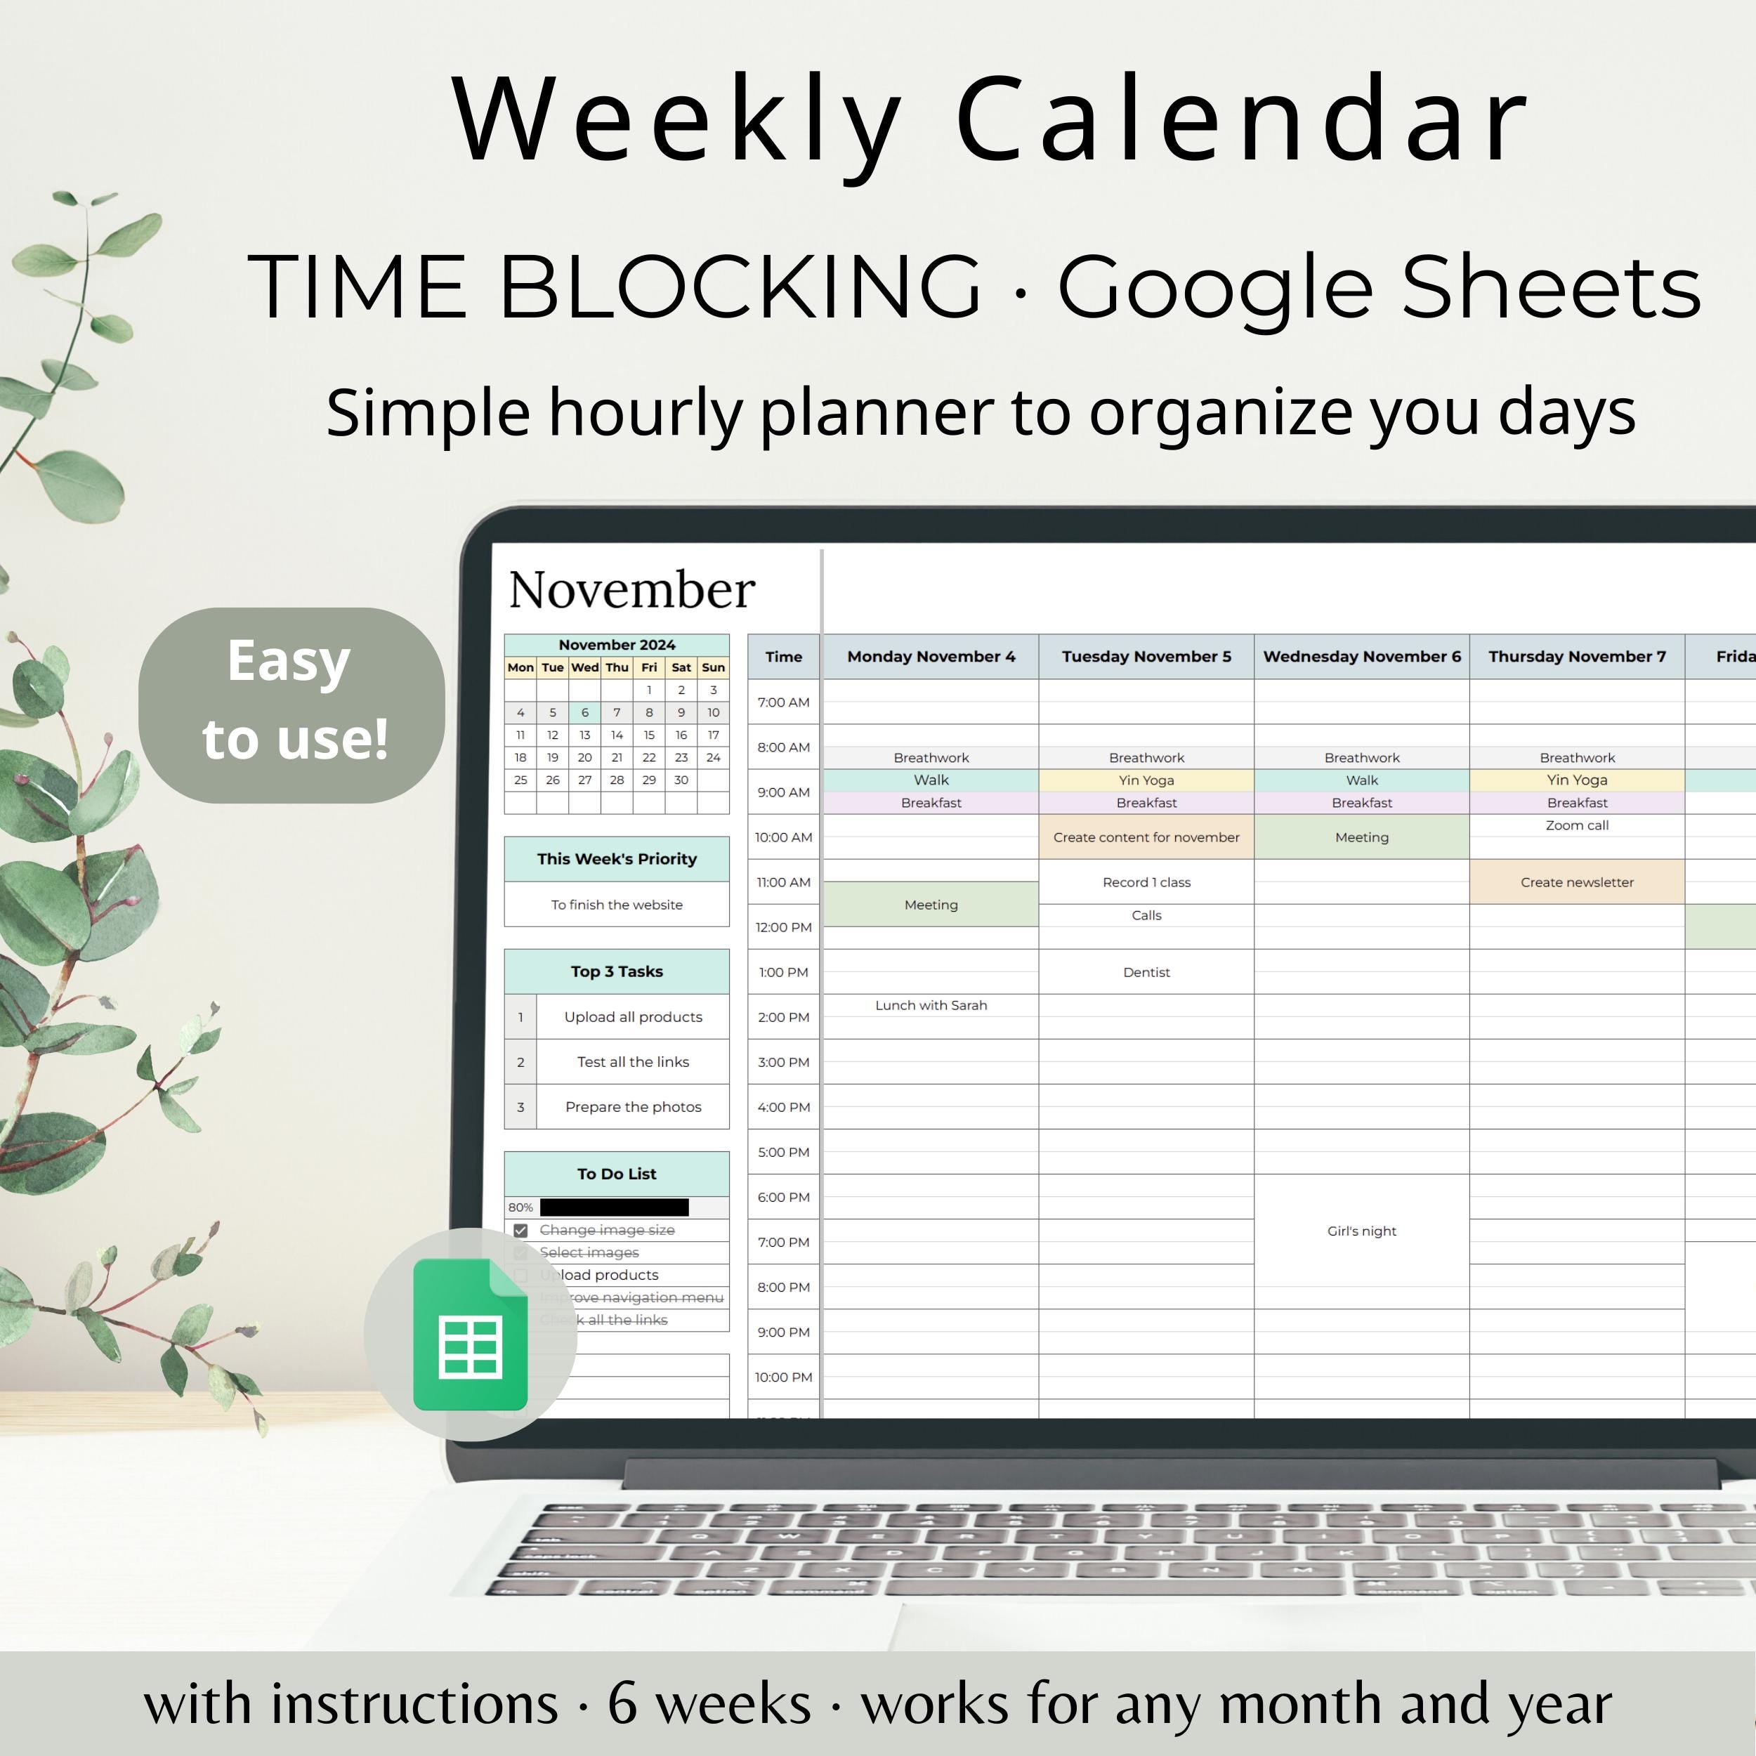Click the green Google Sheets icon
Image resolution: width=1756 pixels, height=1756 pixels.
click(x=470, y=1335)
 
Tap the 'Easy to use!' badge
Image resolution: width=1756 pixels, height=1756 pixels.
click(x=291, y=705)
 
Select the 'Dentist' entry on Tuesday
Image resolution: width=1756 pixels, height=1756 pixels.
click(x=1146, y=971)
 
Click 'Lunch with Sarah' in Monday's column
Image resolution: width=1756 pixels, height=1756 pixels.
click(x=931, y=1004)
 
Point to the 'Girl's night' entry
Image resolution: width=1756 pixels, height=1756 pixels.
click(x=1361, y=1231)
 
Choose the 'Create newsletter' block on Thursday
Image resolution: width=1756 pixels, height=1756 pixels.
click(x=1577, y=882)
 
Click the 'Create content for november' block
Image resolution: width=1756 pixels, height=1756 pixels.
click(x=1146, y=837)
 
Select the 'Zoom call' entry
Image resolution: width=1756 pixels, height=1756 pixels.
click(x=1577, y=825)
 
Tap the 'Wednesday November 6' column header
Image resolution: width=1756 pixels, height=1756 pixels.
click(x=1361, y=656)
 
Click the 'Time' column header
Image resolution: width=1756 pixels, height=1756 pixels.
click(x=783, y=656)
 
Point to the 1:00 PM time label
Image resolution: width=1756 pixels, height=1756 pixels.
click(x=783, y=971)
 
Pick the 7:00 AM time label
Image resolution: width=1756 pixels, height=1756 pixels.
click(x=783, y=702)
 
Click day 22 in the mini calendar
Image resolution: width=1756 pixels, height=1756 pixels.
click(x=649, y=757)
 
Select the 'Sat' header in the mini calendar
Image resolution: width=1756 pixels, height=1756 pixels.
click(x=681, y=667)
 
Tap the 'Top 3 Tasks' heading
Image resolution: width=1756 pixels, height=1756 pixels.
click(x=616, y=971)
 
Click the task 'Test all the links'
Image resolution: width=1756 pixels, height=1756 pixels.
click(x=633, y=1061)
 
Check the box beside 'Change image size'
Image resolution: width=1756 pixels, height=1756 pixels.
click(x=520, y=1230)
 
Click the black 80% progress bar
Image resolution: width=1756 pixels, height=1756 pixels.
click(x=615, y=1207)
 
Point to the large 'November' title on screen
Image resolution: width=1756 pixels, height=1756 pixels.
click(x=631, y=589)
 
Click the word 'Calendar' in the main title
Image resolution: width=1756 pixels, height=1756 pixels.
click(x=1242, y=120)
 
